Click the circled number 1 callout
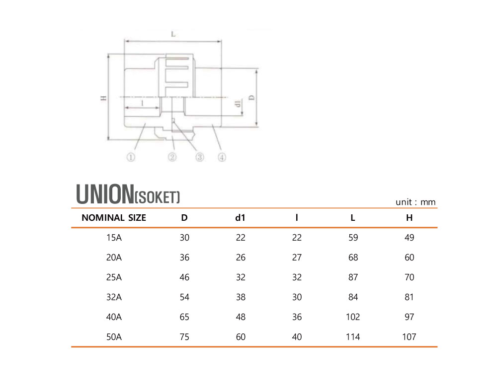tap(131, 157)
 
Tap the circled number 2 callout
tap(172, 157)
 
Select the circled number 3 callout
tap(200, 157)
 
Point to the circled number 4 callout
tap(222, 157)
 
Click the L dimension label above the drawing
tap(173, 34)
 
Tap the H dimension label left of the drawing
tap(103, 98)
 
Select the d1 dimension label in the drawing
tap(239, 103)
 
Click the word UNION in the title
tap(105, 194)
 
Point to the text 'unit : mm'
tap(415, 202)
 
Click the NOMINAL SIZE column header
tap(114, 218)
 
